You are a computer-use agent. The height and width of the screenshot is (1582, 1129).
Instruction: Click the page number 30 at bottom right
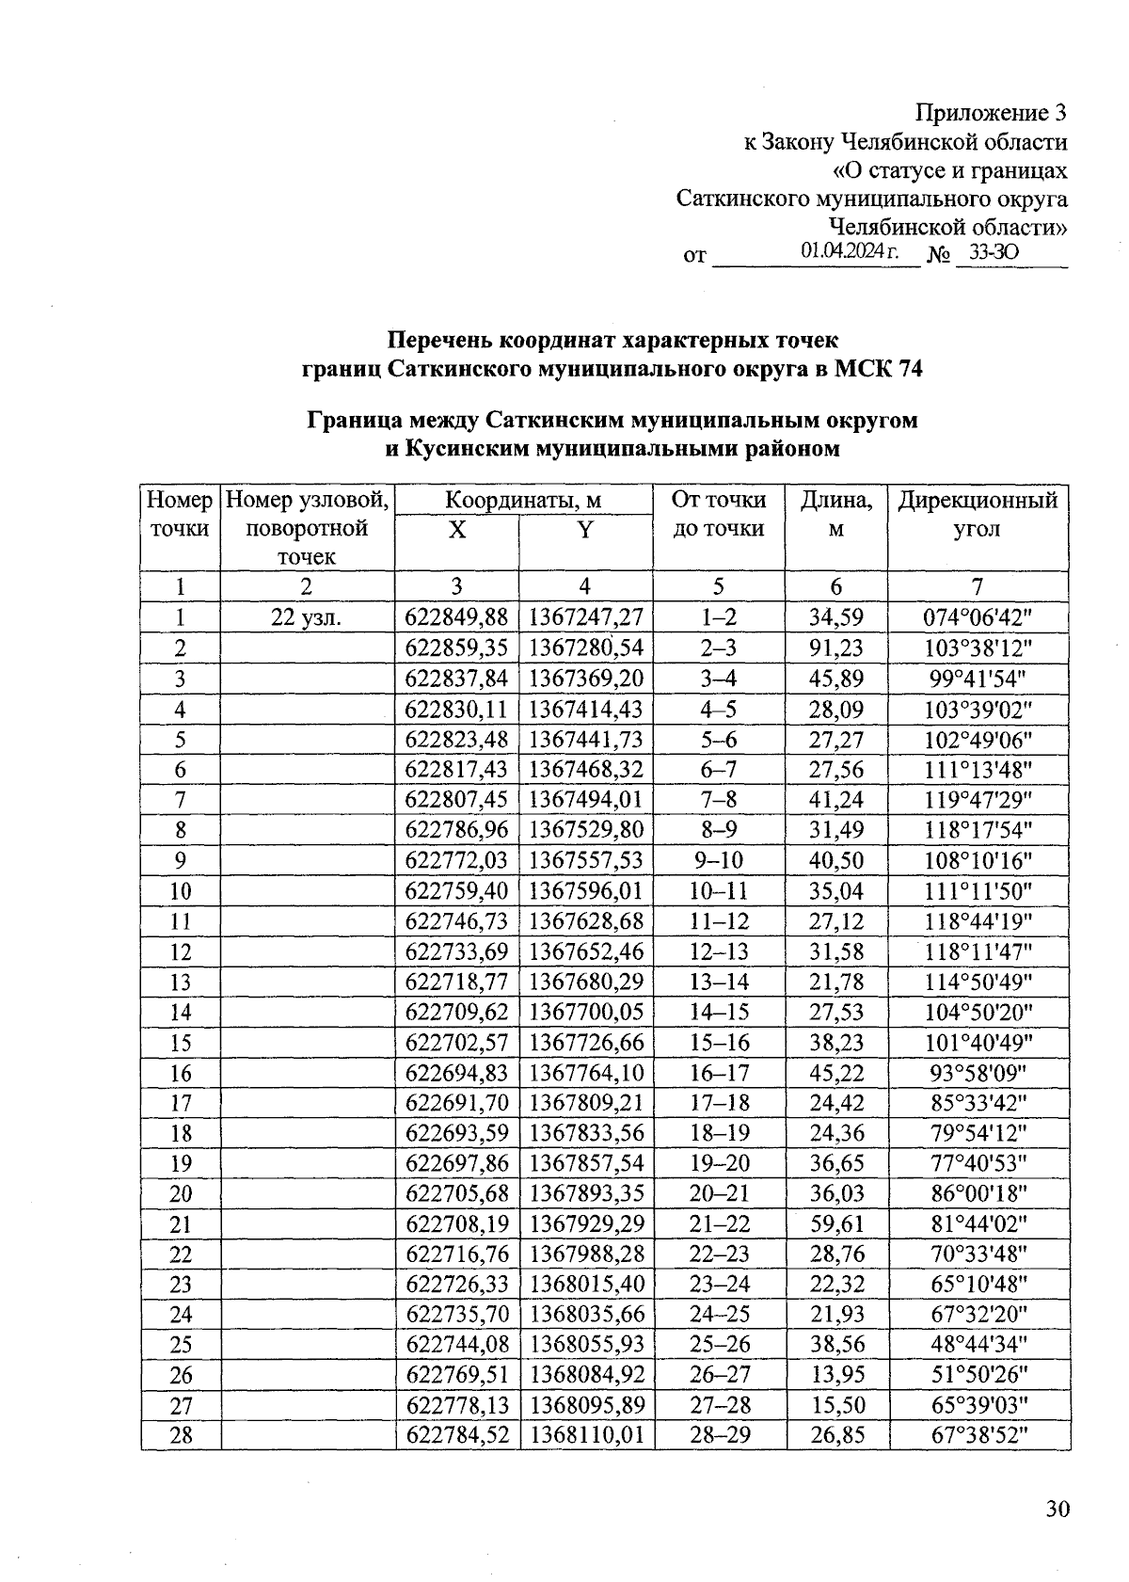coord(1057,1510)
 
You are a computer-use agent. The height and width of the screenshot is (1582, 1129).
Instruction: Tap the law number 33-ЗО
coord(994,253)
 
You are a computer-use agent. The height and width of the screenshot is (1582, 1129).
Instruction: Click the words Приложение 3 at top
coord(992,114)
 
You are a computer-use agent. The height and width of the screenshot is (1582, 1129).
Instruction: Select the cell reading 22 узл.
coord(306,617)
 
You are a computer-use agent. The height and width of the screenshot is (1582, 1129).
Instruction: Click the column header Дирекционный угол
coord(978,514)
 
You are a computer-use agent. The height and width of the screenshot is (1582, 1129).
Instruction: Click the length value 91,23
coord(836,647)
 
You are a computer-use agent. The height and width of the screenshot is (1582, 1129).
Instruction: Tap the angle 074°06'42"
coord(978,617)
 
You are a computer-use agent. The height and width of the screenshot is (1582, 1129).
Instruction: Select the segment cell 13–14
coord(719,982)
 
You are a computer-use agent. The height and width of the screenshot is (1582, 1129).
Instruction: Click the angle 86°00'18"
coord(978,1194)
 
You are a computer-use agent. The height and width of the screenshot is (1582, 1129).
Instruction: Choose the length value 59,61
coord(836,1224)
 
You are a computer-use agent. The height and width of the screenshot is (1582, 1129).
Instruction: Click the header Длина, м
coord(836,514)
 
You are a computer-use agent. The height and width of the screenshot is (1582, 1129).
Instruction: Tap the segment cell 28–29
coord(719,1436)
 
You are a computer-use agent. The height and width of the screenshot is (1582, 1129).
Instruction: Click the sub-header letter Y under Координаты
coord(585,530)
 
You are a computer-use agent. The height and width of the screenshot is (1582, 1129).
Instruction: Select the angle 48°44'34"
coord(978,1345)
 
